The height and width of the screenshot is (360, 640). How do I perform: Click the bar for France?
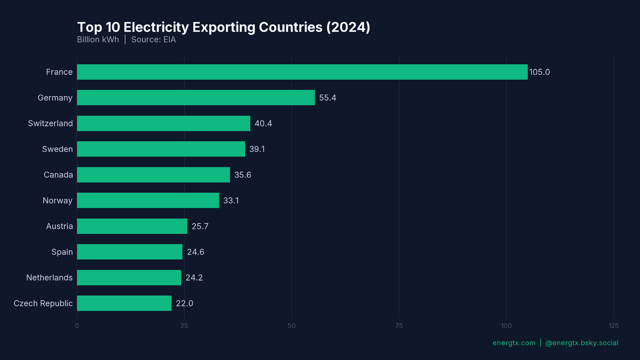coord(302,72)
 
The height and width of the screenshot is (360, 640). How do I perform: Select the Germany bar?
coord(196,98)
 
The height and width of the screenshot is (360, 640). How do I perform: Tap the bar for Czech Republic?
coord(124,303)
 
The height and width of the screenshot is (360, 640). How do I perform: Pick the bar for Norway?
coord(148,200)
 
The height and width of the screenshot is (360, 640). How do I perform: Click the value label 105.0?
coord(539,72)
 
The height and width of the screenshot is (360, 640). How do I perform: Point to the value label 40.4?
coord(263,123)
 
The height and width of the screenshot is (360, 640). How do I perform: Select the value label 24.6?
coord(195,252)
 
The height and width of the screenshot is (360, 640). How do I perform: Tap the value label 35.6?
coord(242,175)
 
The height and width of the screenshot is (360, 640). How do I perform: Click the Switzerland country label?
coord(50,123)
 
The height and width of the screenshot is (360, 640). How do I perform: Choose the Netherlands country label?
coord(49,278)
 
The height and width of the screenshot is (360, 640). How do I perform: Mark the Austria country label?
coord(59,226)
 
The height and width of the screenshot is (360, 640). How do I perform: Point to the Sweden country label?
coord(57,149)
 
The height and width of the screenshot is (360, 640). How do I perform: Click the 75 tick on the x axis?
coord(399,326)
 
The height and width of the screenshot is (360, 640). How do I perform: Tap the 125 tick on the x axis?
coord(613,326)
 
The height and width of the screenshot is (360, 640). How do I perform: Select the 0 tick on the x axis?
coord(77,326)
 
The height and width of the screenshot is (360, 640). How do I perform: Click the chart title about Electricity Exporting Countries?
coord(223,27)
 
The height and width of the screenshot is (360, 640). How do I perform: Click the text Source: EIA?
coord(153,40)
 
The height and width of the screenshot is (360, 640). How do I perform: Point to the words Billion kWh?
coord(98,40)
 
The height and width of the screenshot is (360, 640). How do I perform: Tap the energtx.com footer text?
coord(514,343)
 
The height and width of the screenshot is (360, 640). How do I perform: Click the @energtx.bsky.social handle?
coord(582,343)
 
